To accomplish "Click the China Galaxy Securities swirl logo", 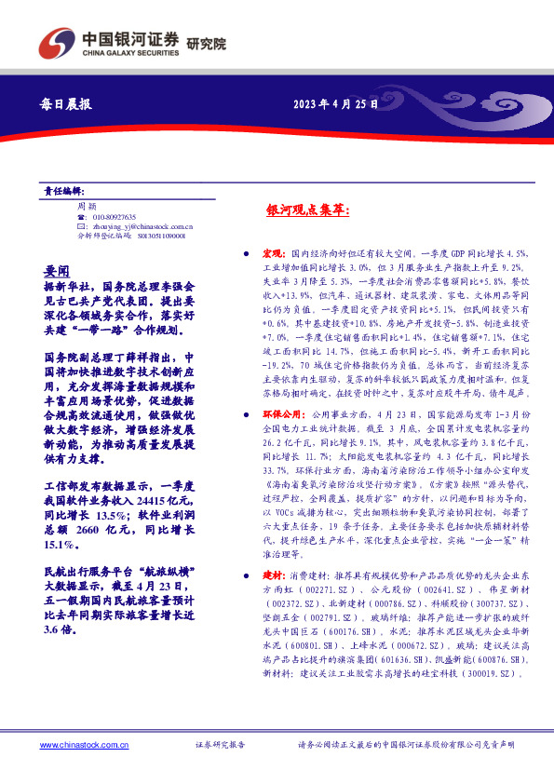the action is point(57,43).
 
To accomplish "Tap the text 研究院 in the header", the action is point(206,44).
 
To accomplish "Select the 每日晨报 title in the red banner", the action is point(67,105).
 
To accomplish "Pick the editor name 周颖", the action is point(86,206).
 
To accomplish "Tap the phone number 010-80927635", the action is point(114,216).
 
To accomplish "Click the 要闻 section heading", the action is point(57,270).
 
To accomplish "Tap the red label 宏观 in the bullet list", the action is point(271,253).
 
